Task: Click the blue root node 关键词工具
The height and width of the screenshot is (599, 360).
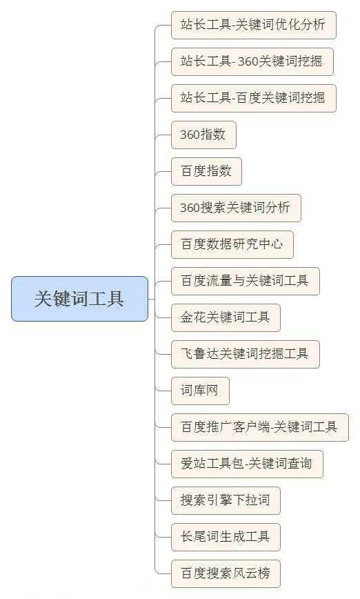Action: click(x=79, y=299)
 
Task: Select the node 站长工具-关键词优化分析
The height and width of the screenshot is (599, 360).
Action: click(x=254, y=26)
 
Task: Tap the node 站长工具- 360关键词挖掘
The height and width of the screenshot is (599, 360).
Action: click(x=252, y=61)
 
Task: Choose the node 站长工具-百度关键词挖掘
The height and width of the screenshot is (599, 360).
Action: click(x=254, y=98)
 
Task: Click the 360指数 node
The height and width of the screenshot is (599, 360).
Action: click(x=203, y=135)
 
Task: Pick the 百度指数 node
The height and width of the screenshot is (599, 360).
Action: click(x=206, y=171)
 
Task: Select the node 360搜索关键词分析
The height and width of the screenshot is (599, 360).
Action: click(x=236, y=208)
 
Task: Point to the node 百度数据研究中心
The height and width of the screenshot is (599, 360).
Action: click(x=232, y=244)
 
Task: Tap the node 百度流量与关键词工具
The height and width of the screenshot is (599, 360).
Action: click(x=245, y=281)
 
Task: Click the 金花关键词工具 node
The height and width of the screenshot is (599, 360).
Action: click(x=226, y=317)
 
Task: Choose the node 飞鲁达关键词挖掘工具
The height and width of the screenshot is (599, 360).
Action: click(x=245, y=354)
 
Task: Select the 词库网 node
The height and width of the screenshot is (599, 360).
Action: click(x=200, y=391)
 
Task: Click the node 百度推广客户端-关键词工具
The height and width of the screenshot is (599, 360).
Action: click(x=259, y=427)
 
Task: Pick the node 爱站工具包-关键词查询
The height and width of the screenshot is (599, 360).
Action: click(x=247, y=464)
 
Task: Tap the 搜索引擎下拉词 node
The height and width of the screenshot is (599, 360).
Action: click(x=226, y=500)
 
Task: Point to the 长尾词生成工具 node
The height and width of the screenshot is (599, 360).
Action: click(x=226, y=537)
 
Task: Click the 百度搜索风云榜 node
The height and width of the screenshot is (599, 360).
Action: click(x=226, y=573)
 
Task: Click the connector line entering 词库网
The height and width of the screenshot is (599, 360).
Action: click(x=163, y=391)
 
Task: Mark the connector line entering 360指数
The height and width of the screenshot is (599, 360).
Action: click(x=163, y=135)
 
